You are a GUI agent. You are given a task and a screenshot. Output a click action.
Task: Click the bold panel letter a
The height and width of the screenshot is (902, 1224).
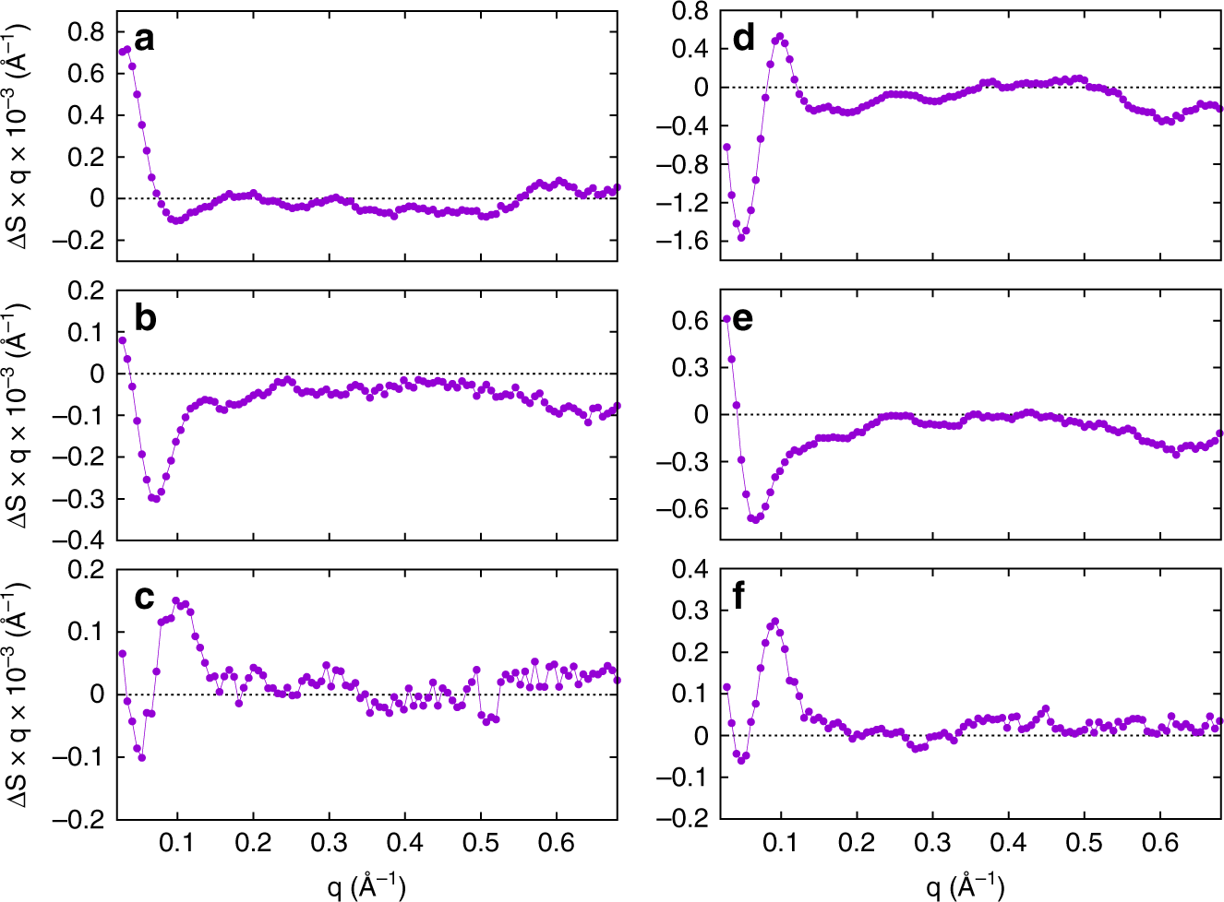click(144, 39)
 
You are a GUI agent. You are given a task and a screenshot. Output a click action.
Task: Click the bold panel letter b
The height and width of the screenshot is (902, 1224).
click(145, 317)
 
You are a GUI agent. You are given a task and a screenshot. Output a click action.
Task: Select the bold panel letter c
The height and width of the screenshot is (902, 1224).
click(144, 598)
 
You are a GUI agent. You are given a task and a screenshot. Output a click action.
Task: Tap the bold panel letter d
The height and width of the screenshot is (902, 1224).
click(743, 39)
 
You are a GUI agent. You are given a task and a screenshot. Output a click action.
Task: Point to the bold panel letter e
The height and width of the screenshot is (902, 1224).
click(742, 317)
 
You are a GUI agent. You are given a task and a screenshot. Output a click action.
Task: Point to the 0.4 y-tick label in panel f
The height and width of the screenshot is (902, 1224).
click(689, 569)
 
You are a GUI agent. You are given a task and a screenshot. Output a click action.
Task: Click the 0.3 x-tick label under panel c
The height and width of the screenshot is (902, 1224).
click(329, 843)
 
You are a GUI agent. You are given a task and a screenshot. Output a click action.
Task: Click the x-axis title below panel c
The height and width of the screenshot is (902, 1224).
click(366, 885)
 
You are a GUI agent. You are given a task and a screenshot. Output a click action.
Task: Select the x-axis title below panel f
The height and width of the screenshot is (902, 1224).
click(965, 885)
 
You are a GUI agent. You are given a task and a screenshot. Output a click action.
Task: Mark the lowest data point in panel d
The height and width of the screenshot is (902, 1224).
click(740, 237)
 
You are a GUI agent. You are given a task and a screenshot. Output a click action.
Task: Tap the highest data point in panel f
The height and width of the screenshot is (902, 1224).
click(774, 622)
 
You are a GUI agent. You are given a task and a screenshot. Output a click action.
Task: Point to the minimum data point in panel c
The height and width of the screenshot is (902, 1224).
click(142, 757)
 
